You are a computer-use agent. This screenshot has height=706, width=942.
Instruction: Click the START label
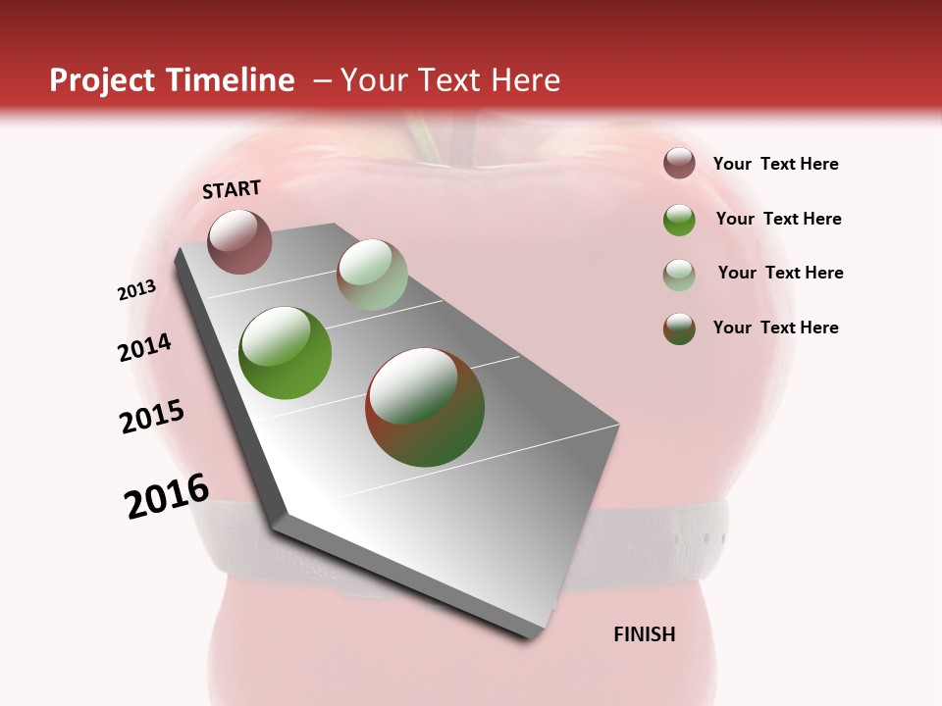[x=232, y=189]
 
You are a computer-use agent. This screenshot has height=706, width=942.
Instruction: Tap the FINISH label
[x=645, y=634]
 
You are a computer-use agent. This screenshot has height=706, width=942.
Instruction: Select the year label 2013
[x=137, y=290]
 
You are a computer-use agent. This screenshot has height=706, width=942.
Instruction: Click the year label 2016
[x=167, y=496]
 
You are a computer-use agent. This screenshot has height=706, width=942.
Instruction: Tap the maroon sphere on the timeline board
[x=239, y=241]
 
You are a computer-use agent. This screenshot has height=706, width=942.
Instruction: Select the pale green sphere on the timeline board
[x=372, y=275]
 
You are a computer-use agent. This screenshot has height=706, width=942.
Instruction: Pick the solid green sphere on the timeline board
[x=286, y=352]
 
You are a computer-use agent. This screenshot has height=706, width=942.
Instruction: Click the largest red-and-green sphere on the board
[x=425, y=407]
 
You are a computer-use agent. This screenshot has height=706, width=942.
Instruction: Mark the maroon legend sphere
[x=679, y=164]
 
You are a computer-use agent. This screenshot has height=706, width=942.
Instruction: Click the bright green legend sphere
[x=679, y=220]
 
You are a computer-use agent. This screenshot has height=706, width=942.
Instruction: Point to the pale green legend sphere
[x=679, y=275]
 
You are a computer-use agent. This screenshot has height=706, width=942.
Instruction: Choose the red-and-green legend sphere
[x=679, y=328]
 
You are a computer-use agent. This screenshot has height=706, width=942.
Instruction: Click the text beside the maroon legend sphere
[x=775, y=164]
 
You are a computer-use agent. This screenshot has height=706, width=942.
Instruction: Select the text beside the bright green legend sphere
[x=778, y=219]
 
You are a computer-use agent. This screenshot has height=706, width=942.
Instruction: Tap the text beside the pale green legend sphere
[x=780, y=273]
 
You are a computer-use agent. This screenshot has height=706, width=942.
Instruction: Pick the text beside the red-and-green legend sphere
[x=775, y=328]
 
